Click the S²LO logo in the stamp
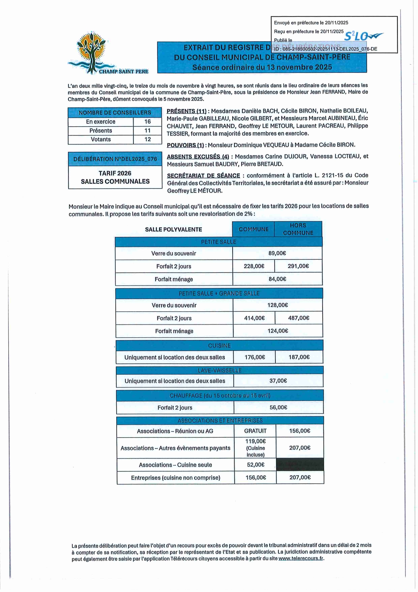pyautogui.click(x=363, y=36)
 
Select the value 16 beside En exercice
pyautogui.click(x=147, y=122)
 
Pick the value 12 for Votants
pyautogui.click(x=147, y=139)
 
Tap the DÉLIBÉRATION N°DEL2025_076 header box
pyautogui.click(x=115, y=159)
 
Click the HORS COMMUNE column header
pyautogui.click(x=298, y=229)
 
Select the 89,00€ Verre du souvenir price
pyautogui.click(x=277, y=253)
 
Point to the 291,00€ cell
pyautogui.click(x=298, y=266)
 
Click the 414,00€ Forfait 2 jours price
pyautogui.click(x=254, y=318)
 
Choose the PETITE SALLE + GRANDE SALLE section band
pyautogui.click(x=219, y=293)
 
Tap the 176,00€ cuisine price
pyautogui.click(x=255, y=357)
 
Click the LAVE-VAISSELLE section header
pyautogui.click(x=219, y=370)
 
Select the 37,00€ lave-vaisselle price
pyautogui.click(x=278, y=381)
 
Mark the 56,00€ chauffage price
pyautogui.click(x=278, y=407)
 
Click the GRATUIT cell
pyautogui.click(x=255, y=431)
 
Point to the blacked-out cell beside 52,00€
pyautogui.click(x=300, y=465)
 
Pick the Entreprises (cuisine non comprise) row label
pyautogui.click(x=175, y=478)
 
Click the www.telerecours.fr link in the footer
pyautogui.click(x=301, y=559)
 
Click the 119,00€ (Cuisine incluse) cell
pyautogui.click(x=255, y=448)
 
